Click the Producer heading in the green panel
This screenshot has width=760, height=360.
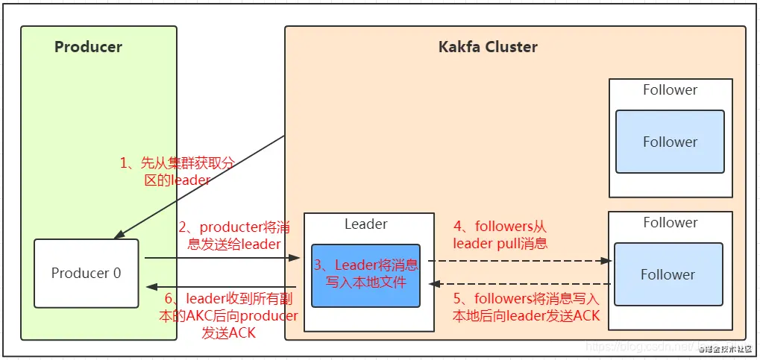click(88, 47)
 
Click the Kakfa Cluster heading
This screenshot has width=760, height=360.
click(488, 47)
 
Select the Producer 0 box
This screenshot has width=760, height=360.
click(87, 273)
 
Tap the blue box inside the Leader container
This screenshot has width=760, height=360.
click(365, 274)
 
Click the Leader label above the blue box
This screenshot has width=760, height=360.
click(365, 224)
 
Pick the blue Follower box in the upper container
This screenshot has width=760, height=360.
click(670, 142)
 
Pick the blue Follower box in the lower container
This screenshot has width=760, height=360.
click(668, 274)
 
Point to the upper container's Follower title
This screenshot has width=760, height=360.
click(670, 90)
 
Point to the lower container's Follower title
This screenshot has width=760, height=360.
click(670, 222)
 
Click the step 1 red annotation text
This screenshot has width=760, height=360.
click(176, 171)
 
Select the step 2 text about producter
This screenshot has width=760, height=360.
click(229, 235)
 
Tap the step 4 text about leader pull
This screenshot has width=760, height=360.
click(500, 234)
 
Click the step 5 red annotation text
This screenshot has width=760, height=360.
click(526, 307)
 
